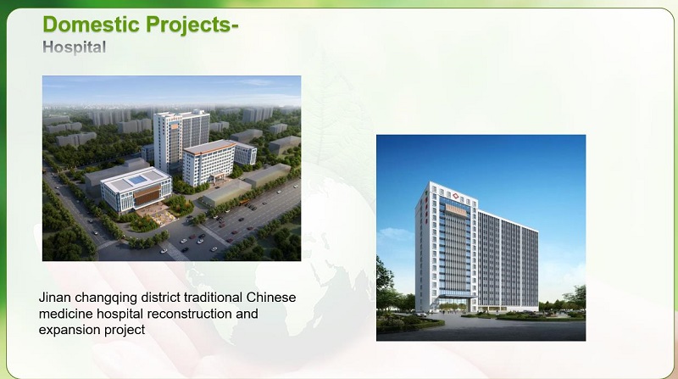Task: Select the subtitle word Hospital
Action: click(74, 47)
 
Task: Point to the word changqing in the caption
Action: click(109, 298)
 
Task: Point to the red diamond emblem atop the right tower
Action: click(453, 192)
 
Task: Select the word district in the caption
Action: click(169, 298)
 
